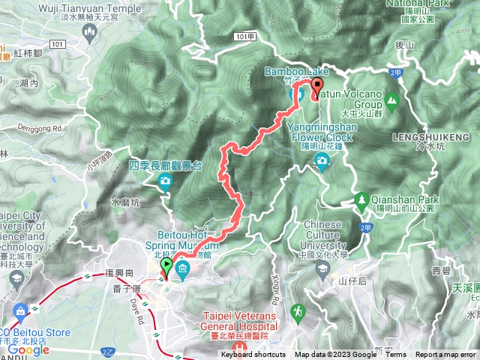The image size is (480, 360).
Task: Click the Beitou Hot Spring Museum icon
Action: [x=182, y=268]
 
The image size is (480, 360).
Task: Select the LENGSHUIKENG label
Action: [x=424, y=138]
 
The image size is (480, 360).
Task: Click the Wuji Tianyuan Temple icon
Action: [x=91, y=32]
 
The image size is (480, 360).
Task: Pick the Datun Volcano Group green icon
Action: [x=391, y=100]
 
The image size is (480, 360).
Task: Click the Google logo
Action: [x=28, y=349]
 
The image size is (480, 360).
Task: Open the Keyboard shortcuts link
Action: [x=253, y=355]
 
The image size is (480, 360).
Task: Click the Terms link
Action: [x=396, y=355]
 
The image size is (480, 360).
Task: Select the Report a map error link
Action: [x=446, y=355]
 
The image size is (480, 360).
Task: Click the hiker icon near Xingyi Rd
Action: [x=298, y=310]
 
